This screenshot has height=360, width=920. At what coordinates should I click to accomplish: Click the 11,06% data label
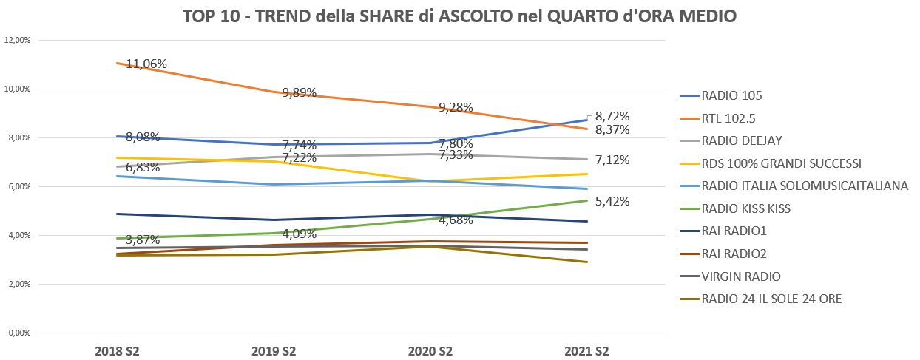point(146,64)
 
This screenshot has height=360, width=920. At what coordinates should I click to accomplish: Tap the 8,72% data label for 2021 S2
point(612,116)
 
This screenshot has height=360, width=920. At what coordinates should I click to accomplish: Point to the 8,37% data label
point(612,130)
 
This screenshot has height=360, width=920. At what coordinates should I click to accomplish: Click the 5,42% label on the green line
point(612,201)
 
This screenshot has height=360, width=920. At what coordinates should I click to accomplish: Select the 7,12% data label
point(612,160)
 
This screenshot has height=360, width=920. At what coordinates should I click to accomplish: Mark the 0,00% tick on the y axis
point(18,333)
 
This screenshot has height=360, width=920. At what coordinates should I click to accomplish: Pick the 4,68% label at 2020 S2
point(457,220)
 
